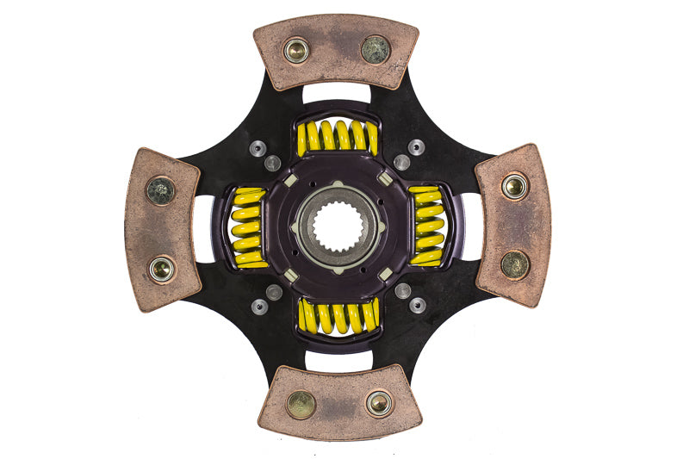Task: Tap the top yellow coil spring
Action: tap(338, 137)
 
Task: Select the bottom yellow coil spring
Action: tap(338, 316)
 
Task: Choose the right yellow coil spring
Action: tap(426, 226)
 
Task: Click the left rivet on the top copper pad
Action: tap(296, 51)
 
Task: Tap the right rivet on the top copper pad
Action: tap(376, 49)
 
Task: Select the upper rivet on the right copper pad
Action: tap(515, 186)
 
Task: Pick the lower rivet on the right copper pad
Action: tap(515, 264)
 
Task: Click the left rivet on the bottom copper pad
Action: tap(301, 404)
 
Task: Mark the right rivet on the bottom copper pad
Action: tap(379, 402)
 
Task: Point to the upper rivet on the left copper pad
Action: tap(160, 190)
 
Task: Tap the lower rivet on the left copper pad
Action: tap(161, 269)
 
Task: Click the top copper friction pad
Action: tap(336, 52)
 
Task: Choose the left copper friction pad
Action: tap(162, 229)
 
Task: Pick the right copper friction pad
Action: tap(513, 224)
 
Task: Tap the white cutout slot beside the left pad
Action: tap(204, 228)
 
